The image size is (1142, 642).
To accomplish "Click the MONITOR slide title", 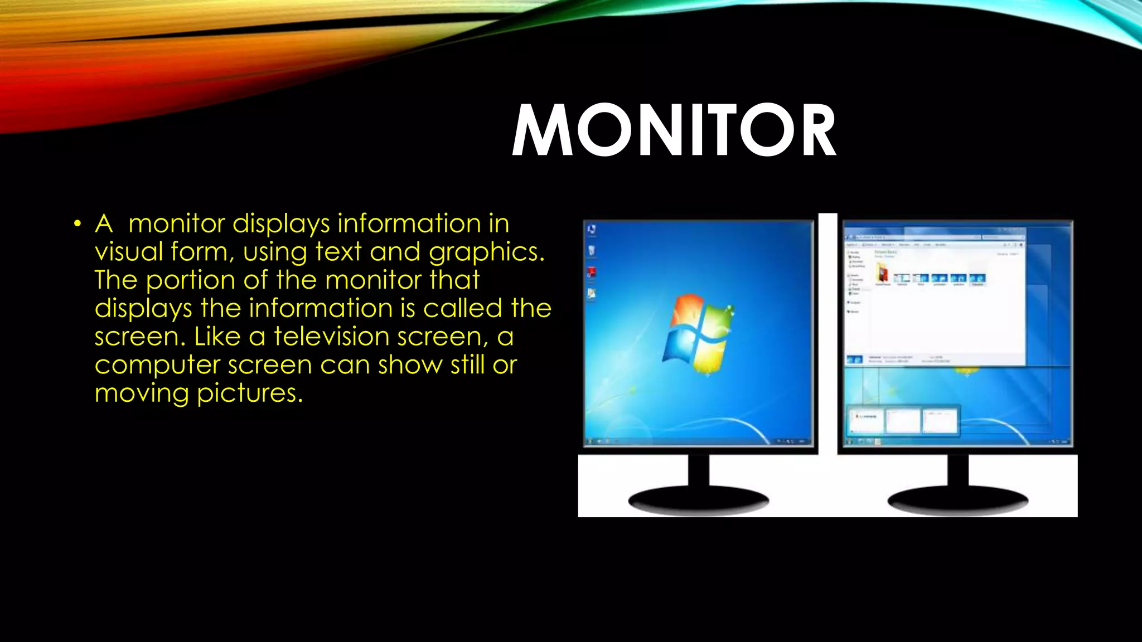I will point(674,131).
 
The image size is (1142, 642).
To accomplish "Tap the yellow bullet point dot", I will point(78,225).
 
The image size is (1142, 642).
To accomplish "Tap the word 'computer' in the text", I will point(157,366).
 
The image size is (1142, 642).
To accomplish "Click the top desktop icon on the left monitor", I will point(592,230).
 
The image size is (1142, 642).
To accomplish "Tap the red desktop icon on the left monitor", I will point(592,273).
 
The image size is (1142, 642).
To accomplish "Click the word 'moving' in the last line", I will point(142,393).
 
